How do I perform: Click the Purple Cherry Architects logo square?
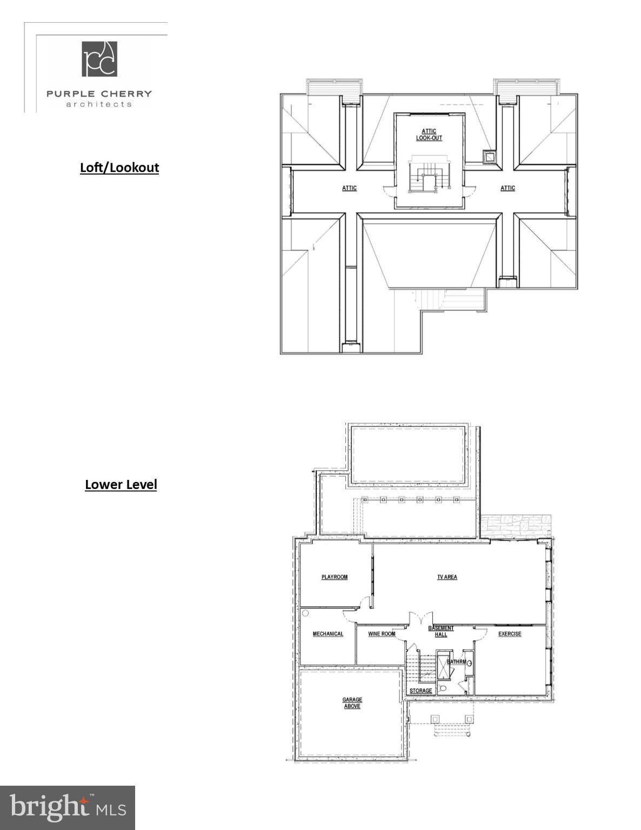[x=99, y=59]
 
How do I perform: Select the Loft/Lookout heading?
[x=119, y=168]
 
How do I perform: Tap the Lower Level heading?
[x=121, y=485]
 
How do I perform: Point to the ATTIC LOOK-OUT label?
[x=429, y=135]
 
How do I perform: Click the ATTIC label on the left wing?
[x=349, y=188]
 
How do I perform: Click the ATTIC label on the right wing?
[x=508, y=188]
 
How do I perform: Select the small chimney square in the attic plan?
[x=489, y=157]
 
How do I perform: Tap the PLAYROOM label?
[x=335, y=577]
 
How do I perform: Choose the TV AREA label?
[x=447, y=577]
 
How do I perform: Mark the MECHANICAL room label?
[x=328, y=634]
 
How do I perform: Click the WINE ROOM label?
[x=382, y=634]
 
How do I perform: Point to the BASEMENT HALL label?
[x=441, y=631]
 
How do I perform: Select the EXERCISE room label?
[x=510, y=634]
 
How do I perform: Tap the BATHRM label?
[x=456, y=661]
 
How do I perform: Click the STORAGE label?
[x=420, y=691]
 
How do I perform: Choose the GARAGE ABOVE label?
[x=352, y=703]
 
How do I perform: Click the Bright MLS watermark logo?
[x=68, y=808]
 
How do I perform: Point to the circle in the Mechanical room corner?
[x=305, y=613]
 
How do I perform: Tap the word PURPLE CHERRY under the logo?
[x=99, y=93]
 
